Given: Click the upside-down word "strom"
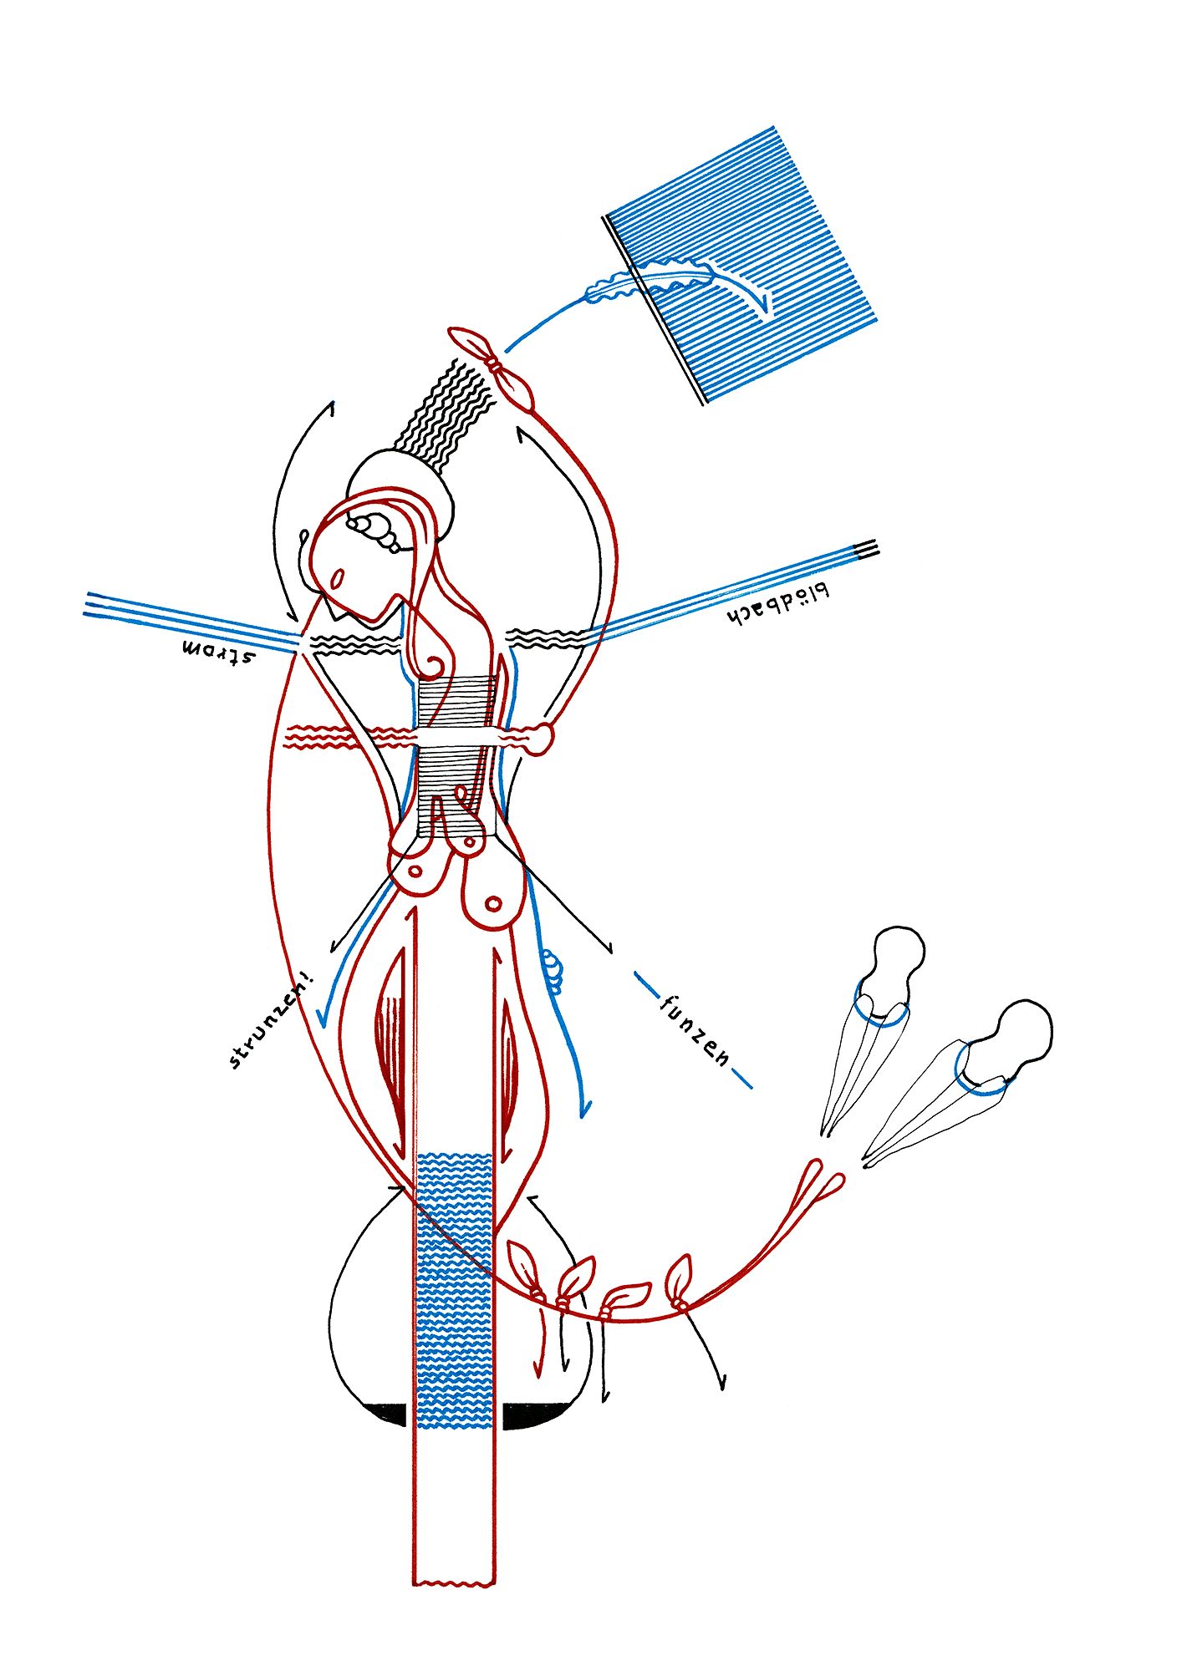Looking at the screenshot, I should pos(218,651).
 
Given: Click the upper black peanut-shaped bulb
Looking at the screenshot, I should pos(896,961).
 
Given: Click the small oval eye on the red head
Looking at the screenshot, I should pos(339,578).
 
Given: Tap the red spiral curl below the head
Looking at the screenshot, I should pos(435,666).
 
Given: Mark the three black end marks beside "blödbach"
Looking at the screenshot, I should pos(866,549).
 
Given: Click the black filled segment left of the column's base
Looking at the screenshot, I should pos(387,1413).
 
